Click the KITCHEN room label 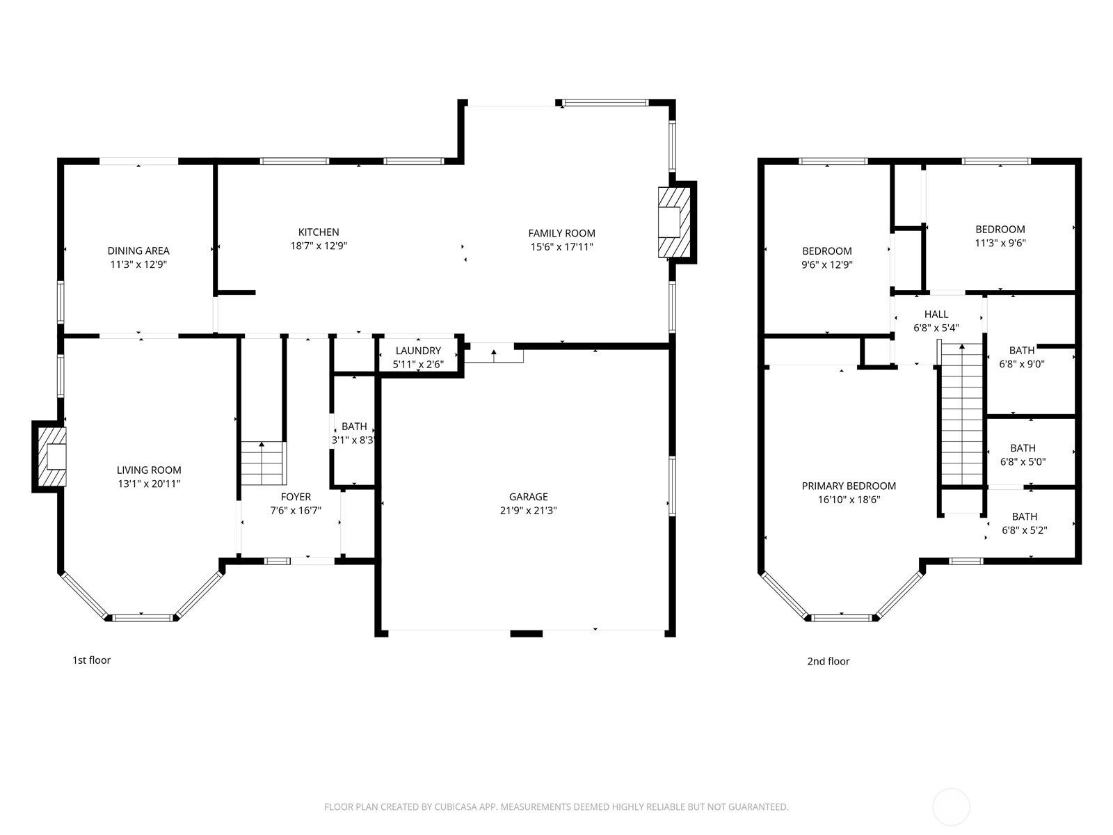(319, 232)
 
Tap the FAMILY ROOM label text (561, 234)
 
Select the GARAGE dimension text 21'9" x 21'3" (528, 510)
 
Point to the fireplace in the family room (673, 221)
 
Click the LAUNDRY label (418, 351)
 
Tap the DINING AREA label (138, 251)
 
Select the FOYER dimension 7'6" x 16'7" (296, 510)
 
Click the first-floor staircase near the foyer (263, 463)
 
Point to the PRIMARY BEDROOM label (849, 486)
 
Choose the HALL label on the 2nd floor (936, 315)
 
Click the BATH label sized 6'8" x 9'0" (1022, 351)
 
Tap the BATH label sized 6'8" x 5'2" (1024, 516)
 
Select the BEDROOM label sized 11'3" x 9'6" (1000, 230)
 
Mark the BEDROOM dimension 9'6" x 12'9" (826, 264)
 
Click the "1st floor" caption (92, 660)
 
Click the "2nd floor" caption (828, 662)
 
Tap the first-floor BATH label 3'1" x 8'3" (354, 427)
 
